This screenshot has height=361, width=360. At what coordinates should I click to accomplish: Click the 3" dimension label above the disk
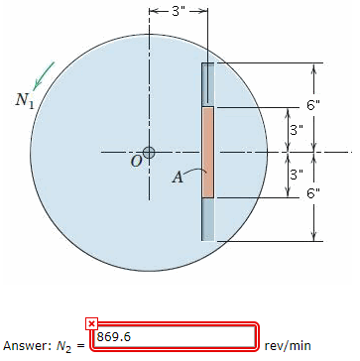click(179, 12)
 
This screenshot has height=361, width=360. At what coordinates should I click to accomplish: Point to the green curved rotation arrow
click(42, 72)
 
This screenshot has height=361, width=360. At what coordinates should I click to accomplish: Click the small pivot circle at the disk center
click(149, 152)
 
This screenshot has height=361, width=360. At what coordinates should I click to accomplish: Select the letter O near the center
click(137, 163)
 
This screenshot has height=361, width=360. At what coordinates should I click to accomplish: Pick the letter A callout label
click(179, 178)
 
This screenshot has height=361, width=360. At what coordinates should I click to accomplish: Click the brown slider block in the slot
click(207, 152)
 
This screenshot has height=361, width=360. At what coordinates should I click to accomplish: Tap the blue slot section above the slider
click(207, 84)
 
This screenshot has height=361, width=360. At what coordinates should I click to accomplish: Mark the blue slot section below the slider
click(207, 218)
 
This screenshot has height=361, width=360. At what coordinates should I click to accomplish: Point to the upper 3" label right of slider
click(295, 130)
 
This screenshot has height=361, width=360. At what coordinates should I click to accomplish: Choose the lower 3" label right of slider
click(295, 174)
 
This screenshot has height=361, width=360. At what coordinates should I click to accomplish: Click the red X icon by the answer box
click(91, 324)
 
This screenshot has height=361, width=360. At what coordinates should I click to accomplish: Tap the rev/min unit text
click(289, 344)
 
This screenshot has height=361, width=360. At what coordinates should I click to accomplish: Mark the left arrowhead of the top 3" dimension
click(153, 12)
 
